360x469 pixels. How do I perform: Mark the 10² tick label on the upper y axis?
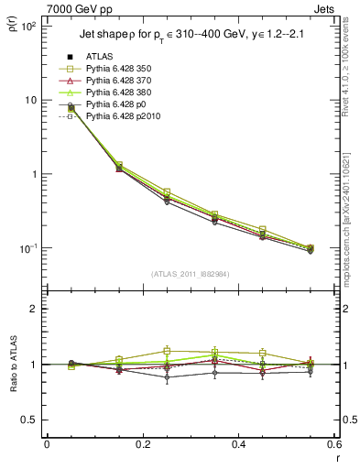tap(28, 26)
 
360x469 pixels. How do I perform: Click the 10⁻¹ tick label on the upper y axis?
tap(28, 248)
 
